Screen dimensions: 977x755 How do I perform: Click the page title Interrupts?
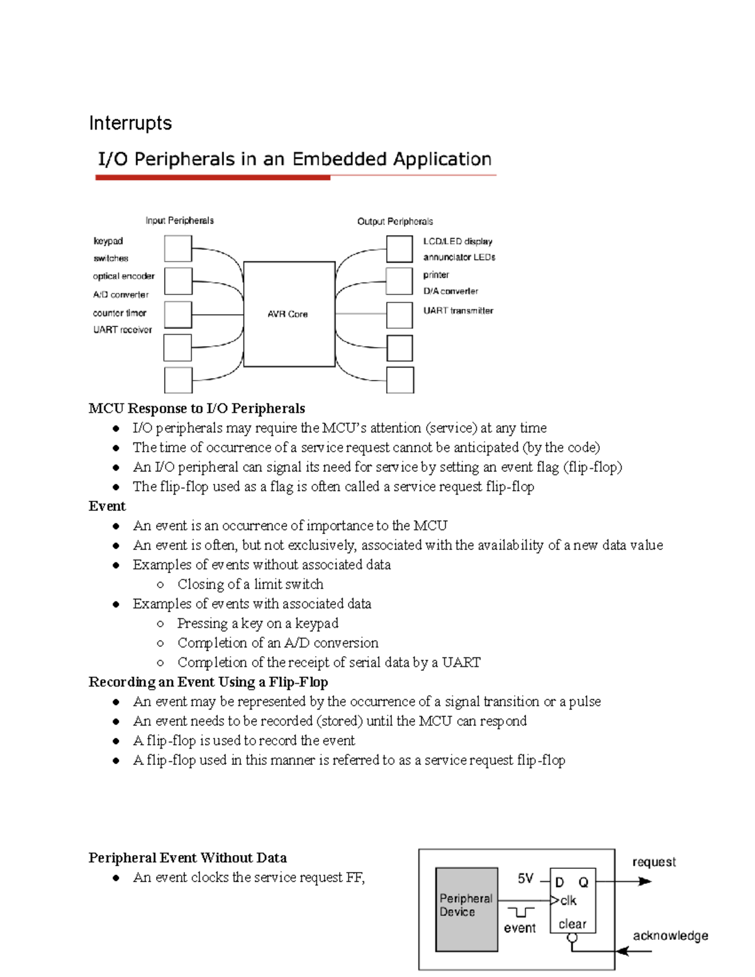[x=130, y=123]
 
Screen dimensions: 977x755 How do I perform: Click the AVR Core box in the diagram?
[x=288, y=314]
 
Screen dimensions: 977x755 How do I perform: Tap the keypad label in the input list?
[x=108, y=241]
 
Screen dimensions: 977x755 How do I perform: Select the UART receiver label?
[x=123, y=330]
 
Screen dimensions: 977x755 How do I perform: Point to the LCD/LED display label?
[x=457, y=241]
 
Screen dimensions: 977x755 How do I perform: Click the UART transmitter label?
[x=458, y=310]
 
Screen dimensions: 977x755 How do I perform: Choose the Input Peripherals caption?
[x=179, y=221]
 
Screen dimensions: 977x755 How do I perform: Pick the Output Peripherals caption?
[x=395, y=221]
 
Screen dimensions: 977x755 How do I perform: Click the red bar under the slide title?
[x=213, y=178]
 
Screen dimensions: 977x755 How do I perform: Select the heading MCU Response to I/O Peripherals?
[x=197, y=408]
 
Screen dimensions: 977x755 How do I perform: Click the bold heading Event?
[x=107, y=506]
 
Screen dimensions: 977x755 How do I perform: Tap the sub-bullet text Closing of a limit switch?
[x=250, y=584]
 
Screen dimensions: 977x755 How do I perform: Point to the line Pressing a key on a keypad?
[x=258, y=623]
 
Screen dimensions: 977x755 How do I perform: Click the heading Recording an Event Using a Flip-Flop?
[x=208, y=682]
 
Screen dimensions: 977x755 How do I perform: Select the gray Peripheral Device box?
[x=466, y=910]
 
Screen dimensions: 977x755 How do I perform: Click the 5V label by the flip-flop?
[x=525, y=879]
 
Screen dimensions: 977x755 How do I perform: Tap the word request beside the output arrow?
[x=654, y=862]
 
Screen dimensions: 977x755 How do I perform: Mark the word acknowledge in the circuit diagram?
[x=670, y=935]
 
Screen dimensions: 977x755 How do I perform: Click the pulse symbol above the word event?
[x=521, y=912]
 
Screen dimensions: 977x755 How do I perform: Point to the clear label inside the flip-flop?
[x=572, y=924]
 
